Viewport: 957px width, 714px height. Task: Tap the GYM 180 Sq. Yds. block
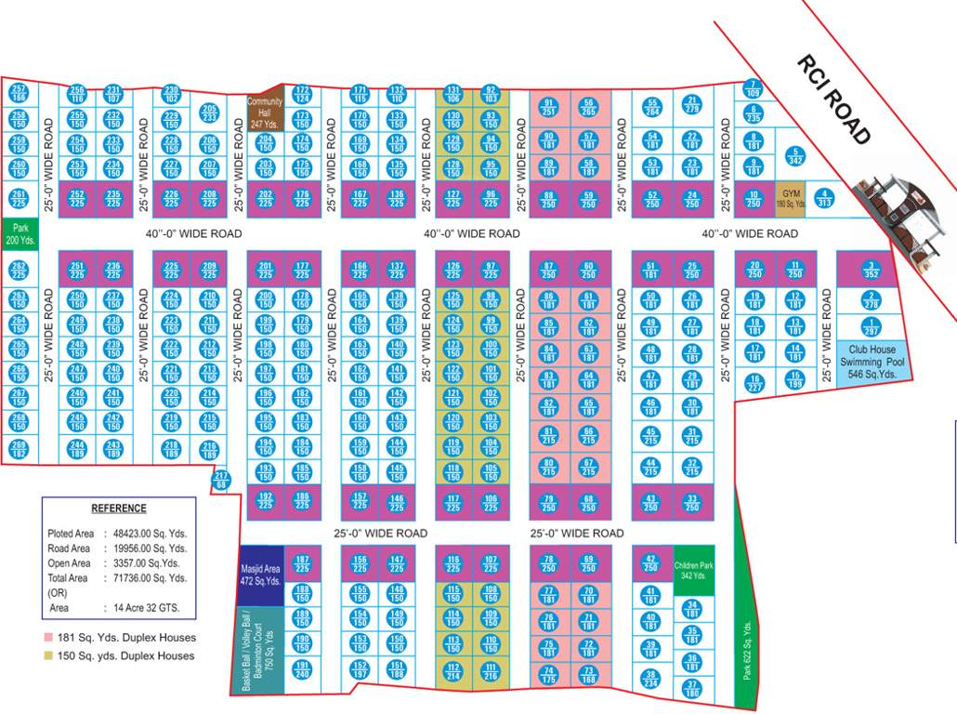click(791, 197)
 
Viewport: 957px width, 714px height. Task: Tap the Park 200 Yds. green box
click(19, 232)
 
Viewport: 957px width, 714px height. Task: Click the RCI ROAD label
click(833, 100)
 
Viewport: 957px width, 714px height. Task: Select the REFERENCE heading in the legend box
click(118, 509)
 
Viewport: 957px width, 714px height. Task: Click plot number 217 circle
click(220, 481)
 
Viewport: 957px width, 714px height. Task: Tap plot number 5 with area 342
click(793, 156)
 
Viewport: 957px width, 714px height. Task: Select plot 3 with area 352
click(871, 269)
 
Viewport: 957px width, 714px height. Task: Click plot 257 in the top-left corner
click(19, 93)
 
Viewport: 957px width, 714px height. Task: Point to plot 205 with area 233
click(209, 113)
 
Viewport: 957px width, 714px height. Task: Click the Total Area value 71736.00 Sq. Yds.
click(150, 578)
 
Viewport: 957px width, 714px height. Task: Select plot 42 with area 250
click(650, 563)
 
